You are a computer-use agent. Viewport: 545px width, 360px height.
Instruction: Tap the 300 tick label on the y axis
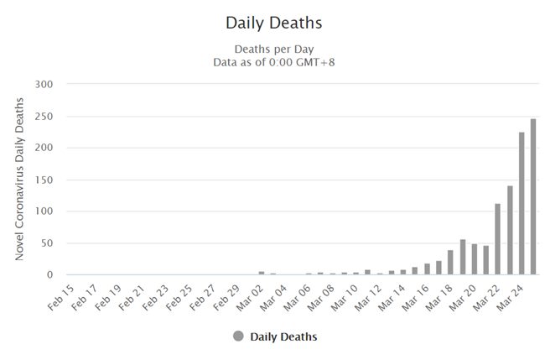44,84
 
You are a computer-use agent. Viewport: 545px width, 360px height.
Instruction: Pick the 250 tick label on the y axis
44,116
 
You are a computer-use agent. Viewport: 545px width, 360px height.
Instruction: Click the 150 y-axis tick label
44,180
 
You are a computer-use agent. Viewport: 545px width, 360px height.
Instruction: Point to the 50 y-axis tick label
47,243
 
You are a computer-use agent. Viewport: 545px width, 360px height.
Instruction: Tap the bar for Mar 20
474,259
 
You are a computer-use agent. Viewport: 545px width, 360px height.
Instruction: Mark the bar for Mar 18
450,263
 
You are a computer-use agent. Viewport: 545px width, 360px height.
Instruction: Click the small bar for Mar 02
261,273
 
